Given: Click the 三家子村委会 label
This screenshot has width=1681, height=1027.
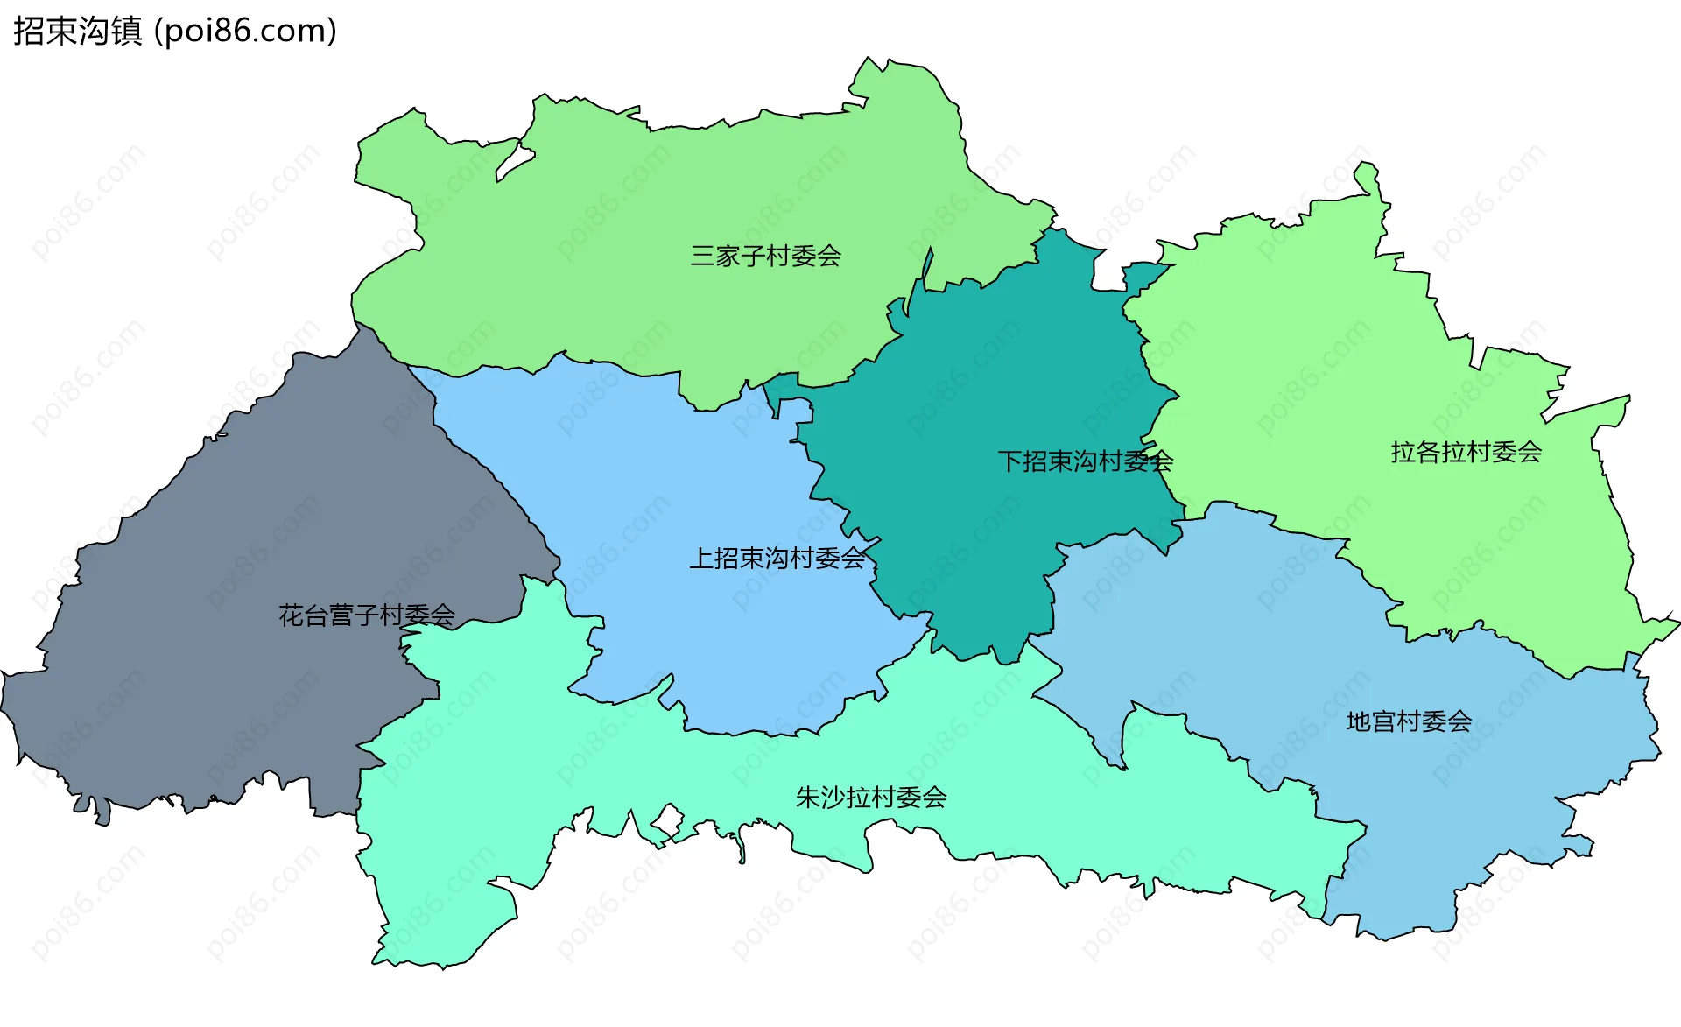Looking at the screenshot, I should (x=765, y=256).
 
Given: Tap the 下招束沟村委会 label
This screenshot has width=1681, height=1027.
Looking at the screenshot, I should (x=1085, y=461).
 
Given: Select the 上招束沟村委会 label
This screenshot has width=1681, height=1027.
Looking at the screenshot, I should (x=777, y=558).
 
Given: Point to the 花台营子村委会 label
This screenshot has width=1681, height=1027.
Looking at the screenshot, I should (x=366, y=615).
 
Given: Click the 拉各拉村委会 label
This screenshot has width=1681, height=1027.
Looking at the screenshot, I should (x=1466, y=452).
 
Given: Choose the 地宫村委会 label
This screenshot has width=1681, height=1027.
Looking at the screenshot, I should (x=1408, y=721).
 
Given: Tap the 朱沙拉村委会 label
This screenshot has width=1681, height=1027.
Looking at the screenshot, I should (x=870, y=798).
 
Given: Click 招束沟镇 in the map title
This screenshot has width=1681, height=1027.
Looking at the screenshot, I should (x=77, y=32).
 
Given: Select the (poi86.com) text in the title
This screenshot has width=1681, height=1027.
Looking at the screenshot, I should (x=245, y=32).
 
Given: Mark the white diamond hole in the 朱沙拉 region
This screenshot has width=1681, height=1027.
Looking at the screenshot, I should (x=668, y=821).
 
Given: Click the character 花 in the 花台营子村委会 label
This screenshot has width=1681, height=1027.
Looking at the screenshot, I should (x=290, y=615).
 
